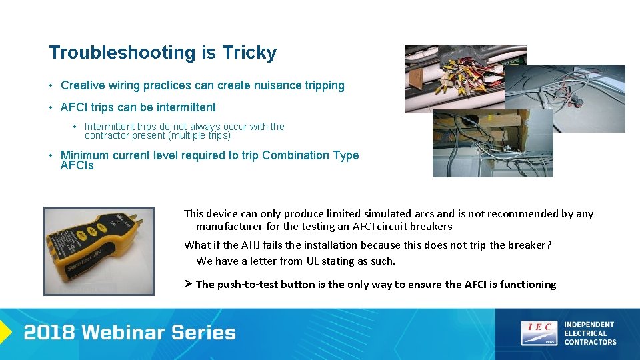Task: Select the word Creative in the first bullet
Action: click(x=83, y=85)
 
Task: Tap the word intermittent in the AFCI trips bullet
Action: click(x=184, y=107)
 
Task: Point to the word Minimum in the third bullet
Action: click(x=84, y=155)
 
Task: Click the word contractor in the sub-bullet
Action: click(x=107, y=135)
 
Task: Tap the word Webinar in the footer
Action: click(x=128, y=333)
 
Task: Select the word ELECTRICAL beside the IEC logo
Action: click(x=585, y=333)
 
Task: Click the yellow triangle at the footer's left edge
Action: click(x=5, y=332)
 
